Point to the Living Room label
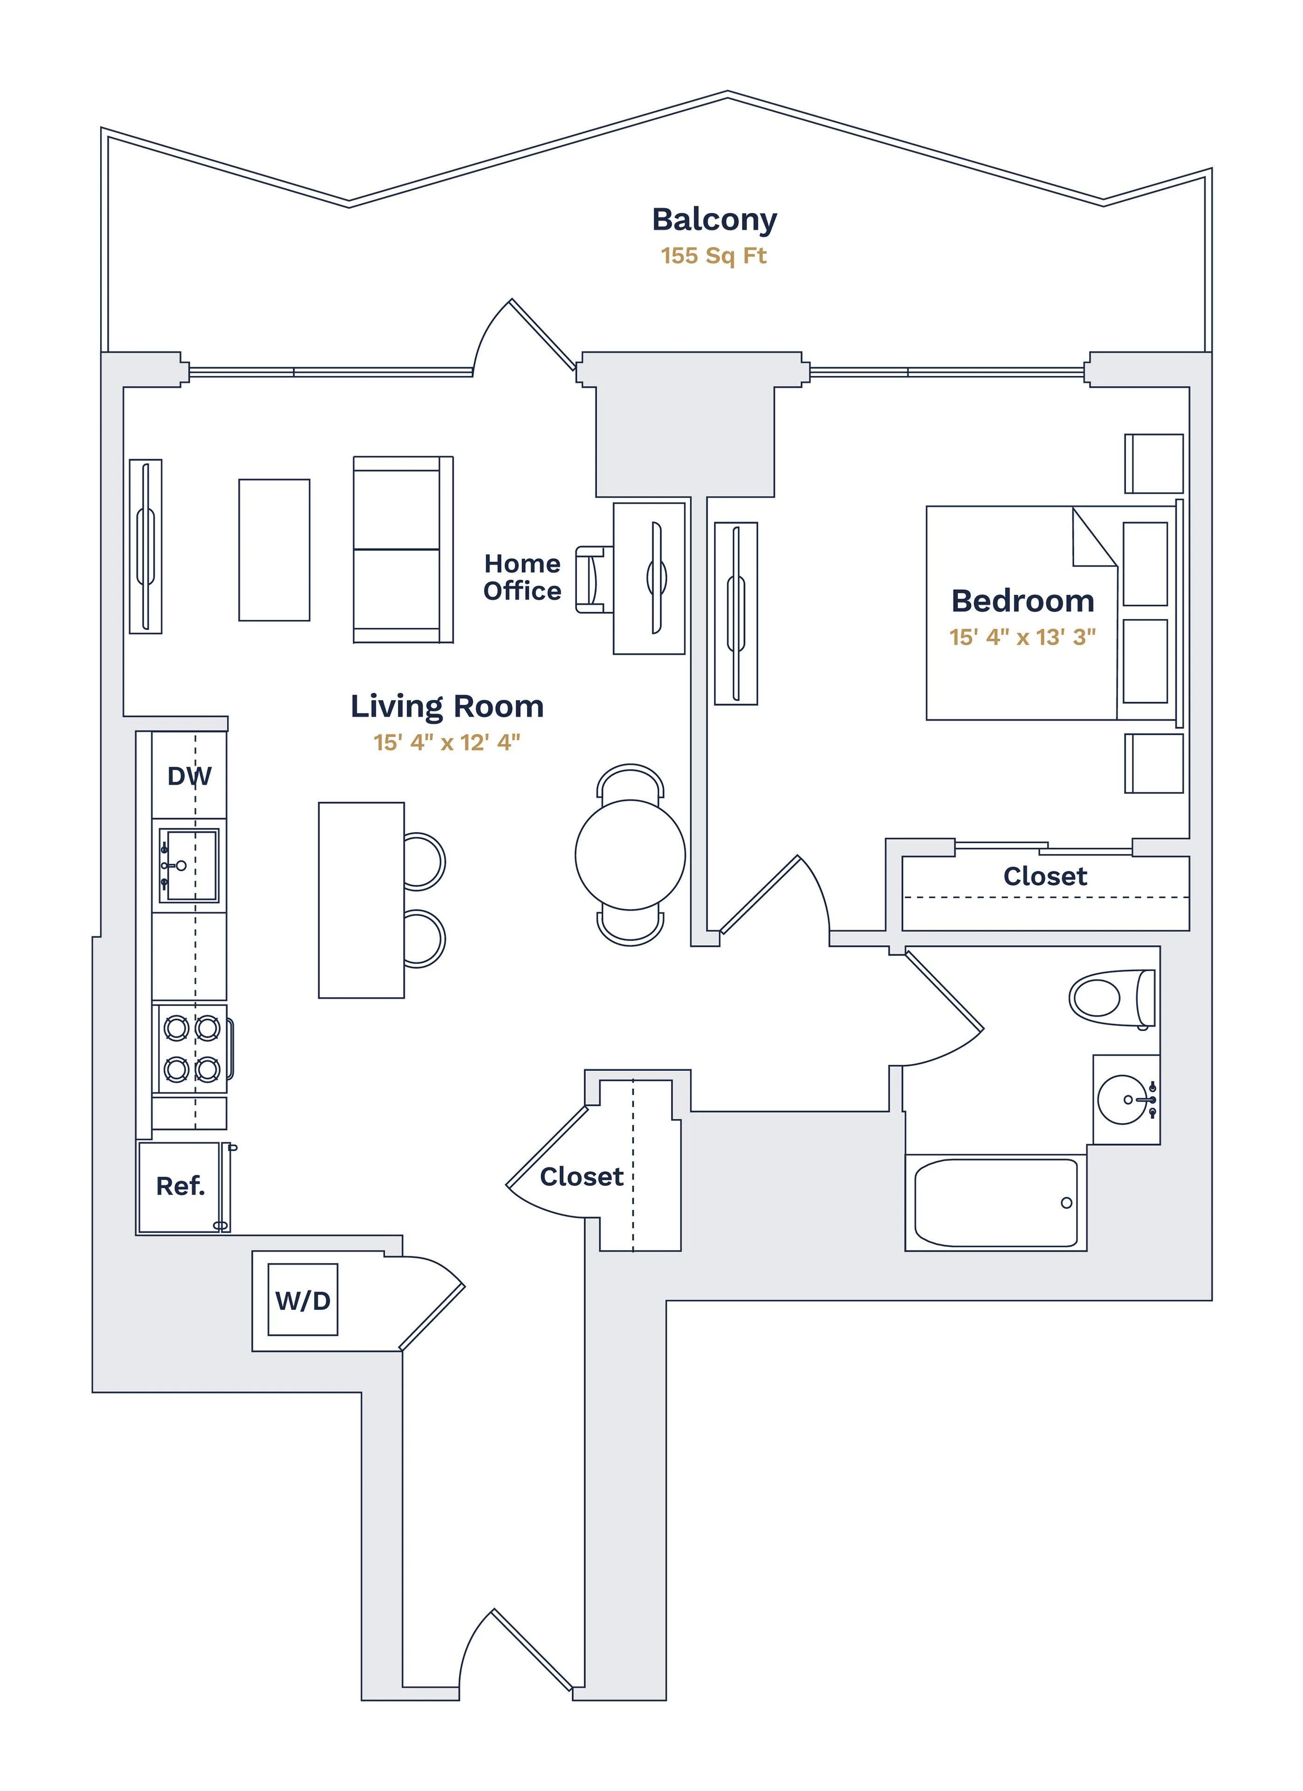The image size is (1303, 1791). pyautogui.click(x=447, y=707)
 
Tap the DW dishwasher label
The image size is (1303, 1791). pyautogui.click(x=189, y=776)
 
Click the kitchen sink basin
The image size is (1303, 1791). pyautogui.click(x=189, y=866)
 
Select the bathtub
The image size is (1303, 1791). pyautogui.click(x=995, y=1203)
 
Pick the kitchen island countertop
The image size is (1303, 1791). pyautogui.click(x=362, y=900)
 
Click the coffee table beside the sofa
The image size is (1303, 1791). pyautogui.click(x=274, y=549)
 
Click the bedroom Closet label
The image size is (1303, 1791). pyautogui.click(x=1045, y=876)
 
